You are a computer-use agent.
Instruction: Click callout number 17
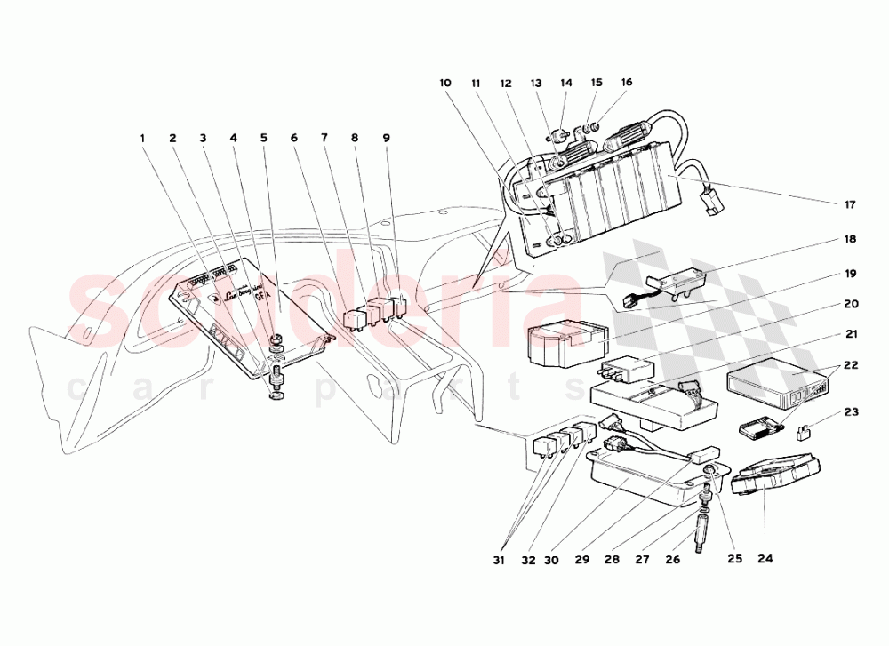[850, 205]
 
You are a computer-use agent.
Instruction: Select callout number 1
[141, 138]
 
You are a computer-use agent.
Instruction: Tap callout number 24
[765, 559]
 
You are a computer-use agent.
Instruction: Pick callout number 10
[445, 83]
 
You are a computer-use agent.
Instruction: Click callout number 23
[850, 412]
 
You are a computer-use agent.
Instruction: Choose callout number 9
[387, 138]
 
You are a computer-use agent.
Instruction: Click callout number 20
[850, 303]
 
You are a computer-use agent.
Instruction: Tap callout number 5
[264, 138]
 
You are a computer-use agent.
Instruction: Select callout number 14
[566, 83]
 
